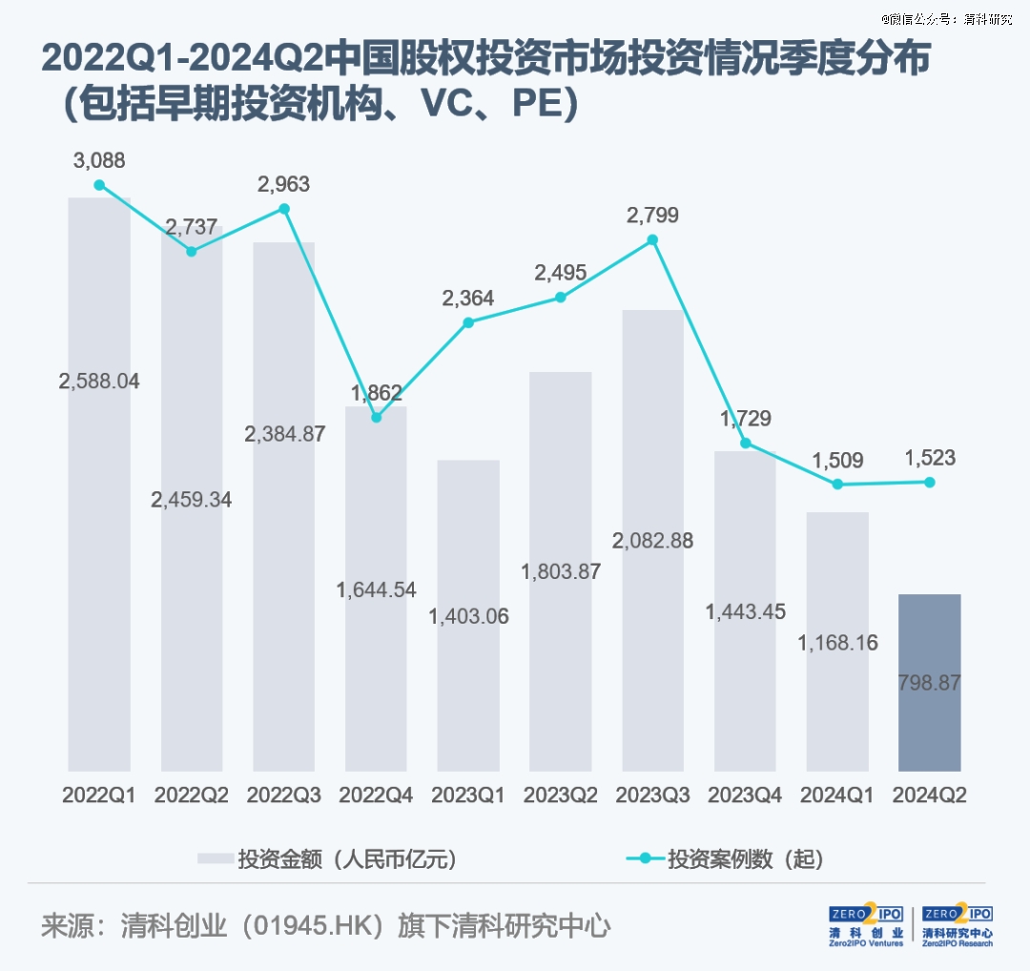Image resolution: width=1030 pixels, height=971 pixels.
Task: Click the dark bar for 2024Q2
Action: coord(929,682)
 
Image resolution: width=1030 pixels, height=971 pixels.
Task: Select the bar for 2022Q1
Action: coord(99,484)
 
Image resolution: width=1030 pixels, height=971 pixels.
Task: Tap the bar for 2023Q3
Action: coord(652,540)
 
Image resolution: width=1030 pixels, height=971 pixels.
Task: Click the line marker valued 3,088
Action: coord(99,185)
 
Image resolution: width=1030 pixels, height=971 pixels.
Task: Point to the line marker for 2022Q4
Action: coord(376,417)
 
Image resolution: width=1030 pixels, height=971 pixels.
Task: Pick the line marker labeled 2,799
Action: coord(652,239)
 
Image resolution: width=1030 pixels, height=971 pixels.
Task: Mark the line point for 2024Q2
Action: coord(930,482)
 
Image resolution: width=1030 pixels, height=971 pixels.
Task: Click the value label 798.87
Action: coord(929,683)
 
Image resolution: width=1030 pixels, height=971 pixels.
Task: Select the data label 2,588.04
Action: coord(99,382)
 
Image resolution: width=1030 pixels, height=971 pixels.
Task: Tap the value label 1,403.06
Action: coord(468,616)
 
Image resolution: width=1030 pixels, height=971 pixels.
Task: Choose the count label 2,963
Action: coord(284,185)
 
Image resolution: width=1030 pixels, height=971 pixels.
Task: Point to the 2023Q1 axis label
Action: coord(468,795)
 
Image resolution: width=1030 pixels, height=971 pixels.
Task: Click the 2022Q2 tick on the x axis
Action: coord(191,795)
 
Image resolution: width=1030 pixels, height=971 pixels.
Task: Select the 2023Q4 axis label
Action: coord(745,795)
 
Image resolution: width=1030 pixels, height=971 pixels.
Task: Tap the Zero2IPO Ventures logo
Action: coord(866,925)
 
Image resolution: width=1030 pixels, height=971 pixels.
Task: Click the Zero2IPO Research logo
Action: coord(958,925)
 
